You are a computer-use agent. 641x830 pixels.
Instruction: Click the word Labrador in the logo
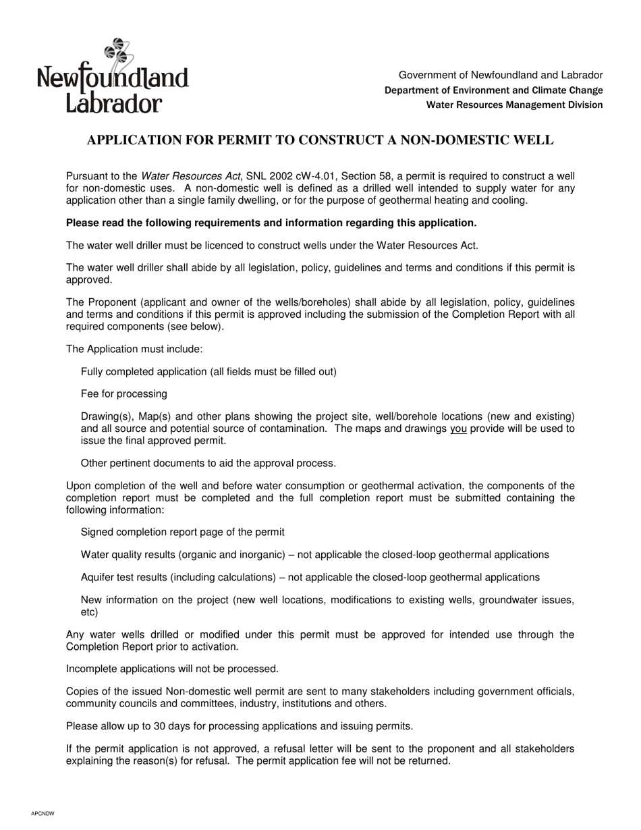pos(114,102)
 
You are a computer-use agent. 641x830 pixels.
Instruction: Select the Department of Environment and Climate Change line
pos(493,90)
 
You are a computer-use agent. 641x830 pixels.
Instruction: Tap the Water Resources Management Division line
pos(514,105)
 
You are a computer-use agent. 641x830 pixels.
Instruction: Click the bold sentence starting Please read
pos(271,223)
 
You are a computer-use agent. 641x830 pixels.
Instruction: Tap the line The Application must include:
pos(134,350)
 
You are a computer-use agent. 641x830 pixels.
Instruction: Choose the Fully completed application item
pos(208,372)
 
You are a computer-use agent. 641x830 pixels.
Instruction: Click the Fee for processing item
pos(124,394)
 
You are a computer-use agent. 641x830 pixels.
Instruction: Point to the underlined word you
pos(458,429)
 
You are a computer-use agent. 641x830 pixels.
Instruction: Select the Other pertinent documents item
pos(208,464)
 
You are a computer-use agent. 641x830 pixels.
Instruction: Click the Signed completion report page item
pos(182,532)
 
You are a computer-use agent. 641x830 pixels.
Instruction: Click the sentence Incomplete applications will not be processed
pos(172,669)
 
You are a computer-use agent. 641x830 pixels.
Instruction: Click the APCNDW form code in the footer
pos(43,814)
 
